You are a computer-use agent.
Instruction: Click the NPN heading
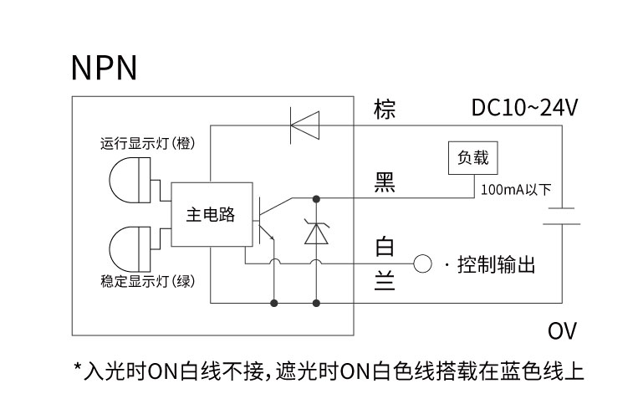[x=105, y=68]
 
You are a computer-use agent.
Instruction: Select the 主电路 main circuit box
[x=212, y=215]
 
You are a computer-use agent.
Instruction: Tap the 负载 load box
[x=472, y=158]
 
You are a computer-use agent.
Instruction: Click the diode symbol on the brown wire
[x=304, y=125]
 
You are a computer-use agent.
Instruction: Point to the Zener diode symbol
[x=317, y=231]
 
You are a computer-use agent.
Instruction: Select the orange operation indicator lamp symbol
[x=130, y=180]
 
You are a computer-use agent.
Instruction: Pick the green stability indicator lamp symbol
[x=130, y=248]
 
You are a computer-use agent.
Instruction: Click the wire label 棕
[x=385, y=110]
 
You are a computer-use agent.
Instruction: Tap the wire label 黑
[x=385, y=182]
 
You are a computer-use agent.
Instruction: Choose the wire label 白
[x=385, y=246]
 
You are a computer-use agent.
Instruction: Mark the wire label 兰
[x=385, y=280]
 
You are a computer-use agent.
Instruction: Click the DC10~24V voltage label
[x=524, y=108]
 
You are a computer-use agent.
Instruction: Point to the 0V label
[x=562, y=331]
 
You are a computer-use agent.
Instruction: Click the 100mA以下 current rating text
[x=516, y=190]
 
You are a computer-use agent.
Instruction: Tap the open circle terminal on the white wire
[x=422, y=263]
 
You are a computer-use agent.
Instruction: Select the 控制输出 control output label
[x=496, y=264]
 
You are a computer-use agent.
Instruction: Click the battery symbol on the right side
[x=562, y=216]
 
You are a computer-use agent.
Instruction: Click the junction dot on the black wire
[x=316, y=199]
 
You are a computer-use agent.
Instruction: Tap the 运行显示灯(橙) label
[x=148, y=143]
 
